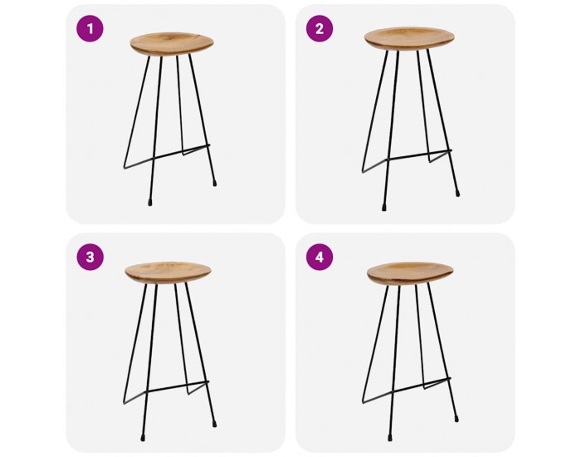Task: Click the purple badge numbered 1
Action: (x=90, y=28)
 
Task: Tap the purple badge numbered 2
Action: (x=320, y=28)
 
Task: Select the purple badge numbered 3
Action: (x=90, y=257)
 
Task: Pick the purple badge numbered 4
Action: (x=320, y=257)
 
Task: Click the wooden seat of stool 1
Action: (x=172, y=44)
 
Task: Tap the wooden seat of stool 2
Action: (x=409, y=38)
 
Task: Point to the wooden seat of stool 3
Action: (x=168, y=273)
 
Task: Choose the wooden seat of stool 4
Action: (x=411, y=273)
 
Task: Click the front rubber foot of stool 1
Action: (x=150, y=203)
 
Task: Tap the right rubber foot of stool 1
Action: (x=214, y=183)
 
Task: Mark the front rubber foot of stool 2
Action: (x=383, y=208)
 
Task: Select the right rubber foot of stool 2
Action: (x=457, y=194)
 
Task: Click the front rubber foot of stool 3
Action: (x=143, y=438)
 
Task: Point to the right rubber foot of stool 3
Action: (x=214, y=422)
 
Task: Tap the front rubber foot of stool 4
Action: (x=390, y=438)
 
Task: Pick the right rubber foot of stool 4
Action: (x=457, y=419)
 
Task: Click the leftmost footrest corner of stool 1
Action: (x=124, y=168)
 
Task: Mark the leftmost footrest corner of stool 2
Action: (x=363, y=172)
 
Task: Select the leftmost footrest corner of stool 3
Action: (x=124, y=403)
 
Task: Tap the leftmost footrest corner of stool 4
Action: (x=363, y=402)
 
